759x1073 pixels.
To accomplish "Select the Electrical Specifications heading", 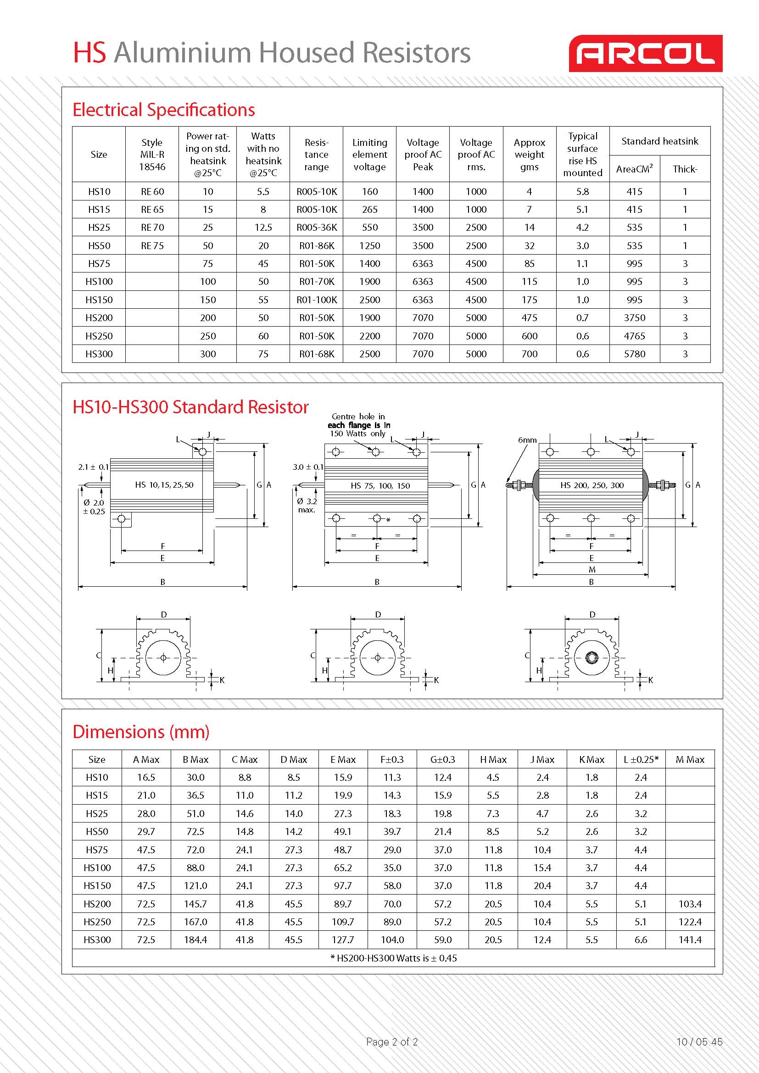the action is click(163, 110).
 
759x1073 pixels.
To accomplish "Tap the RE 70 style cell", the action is click(152, 228).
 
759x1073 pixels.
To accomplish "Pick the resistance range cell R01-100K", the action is click(317, 300).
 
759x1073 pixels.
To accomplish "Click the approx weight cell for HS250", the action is click(530, 336).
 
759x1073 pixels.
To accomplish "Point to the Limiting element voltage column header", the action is click(370, 155).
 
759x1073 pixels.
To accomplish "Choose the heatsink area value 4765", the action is click(635, 336).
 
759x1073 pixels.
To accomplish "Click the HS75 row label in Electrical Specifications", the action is click(99, 264).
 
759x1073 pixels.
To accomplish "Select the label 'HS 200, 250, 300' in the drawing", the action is click(592, 485).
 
